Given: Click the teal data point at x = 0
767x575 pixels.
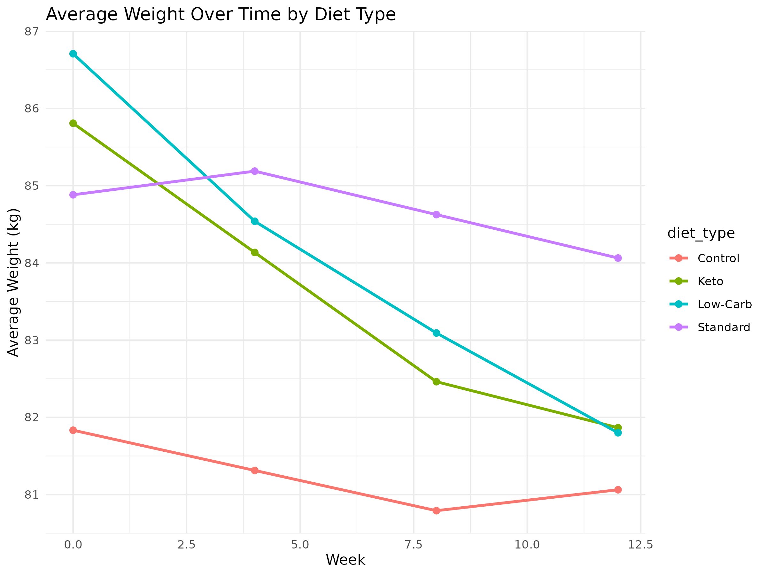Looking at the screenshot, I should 73,54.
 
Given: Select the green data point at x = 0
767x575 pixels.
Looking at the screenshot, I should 73,123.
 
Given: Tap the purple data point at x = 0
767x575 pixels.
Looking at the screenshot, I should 73,195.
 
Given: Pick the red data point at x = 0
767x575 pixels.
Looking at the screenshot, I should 73,430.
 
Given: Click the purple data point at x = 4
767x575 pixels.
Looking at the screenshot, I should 254,171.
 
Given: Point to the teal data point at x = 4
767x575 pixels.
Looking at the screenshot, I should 254,221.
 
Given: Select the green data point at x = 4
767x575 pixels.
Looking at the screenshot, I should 254,252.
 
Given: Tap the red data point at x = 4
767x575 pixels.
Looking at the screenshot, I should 254,470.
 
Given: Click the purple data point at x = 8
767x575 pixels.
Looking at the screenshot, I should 436,215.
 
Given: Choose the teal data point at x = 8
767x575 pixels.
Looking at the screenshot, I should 436,333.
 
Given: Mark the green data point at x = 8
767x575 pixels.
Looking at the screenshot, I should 436,382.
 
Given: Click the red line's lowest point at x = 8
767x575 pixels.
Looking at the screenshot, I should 436,510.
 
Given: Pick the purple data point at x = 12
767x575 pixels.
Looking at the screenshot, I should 618,258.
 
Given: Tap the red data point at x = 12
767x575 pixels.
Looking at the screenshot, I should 618,489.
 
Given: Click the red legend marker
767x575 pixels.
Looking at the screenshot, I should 678,258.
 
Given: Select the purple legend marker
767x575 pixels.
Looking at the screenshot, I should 678,327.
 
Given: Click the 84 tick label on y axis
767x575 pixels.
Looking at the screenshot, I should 31,264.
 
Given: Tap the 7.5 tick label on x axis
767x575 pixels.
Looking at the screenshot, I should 414,545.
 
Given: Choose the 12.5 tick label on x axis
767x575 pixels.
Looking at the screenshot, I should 640,545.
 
